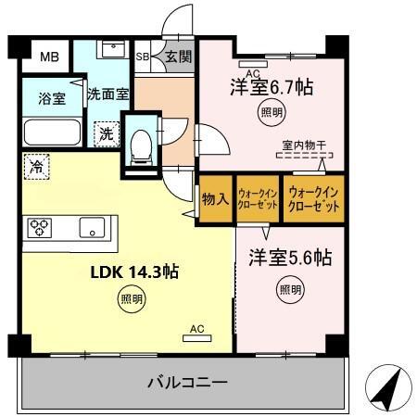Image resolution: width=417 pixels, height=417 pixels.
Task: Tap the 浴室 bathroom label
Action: coord(52,99)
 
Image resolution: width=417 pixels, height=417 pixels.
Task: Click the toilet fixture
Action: coord(141,141)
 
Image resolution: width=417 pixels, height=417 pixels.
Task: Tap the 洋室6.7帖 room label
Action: coord(271,88)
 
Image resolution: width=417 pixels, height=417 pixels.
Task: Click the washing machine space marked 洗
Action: coord(106,133)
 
